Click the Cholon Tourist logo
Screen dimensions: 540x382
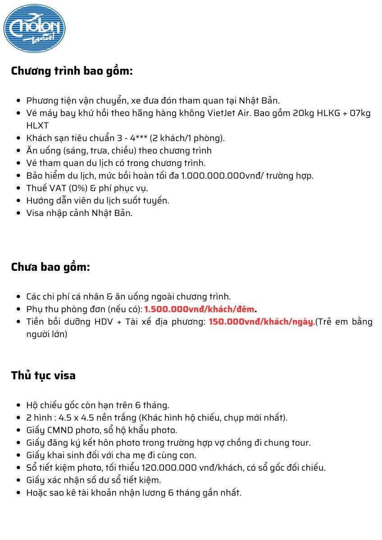click(x=34, y=28)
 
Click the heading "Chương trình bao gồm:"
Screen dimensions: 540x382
click(x=72, y=71)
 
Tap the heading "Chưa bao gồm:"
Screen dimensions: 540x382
click(x=50, y=267)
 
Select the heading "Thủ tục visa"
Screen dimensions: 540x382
click(x=43, y=375)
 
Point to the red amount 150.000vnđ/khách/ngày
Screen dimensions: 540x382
click(x=260, y=322)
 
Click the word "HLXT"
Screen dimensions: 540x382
click(x=37, y=125)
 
